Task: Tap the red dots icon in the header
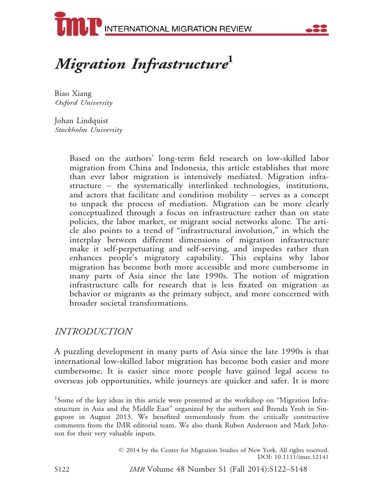(x=317, y=28)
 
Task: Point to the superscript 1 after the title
(x=230, y=59)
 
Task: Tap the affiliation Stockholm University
(x=88, y=130)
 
